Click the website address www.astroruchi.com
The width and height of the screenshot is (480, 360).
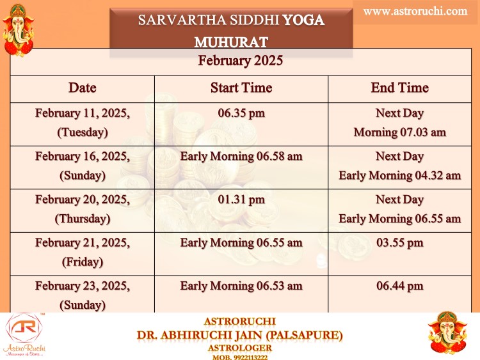(x=415, y=12)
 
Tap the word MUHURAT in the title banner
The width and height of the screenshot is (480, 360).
(x=231, y=42)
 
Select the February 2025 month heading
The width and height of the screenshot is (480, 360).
(x=240, y=60)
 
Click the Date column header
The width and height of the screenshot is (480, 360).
(x=83, y=88)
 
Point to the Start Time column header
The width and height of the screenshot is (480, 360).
(x=241, y=88)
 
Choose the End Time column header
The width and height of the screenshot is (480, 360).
(x=400, y=88)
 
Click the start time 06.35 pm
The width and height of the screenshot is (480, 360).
(x=241, y=113)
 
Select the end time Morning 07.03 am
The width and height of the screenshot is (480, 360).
(x=400, y=132)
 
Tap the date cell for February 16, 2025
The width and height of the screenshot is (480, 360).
(x=83, y=166)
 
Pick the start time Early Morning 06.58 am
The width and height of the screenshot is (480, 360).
(x=241, y=157)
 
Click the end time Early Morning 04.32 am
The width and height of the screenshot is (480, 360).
(x=400, y=176)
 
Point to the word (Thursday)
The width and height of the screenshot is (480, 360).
(x=83, y=219)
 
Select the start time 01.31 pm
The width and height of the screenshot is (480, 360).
(x=241, y=200)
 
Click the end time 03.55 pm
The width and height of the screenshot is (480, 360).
(x=400, y=243)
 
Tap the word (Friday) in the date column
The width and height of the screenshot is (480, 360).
(x=83, y=262)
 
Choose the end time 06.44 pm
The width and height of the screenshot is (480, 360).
(x=400, y=286)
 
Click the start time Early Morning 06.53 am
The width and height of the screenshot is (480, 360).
(x=241, y=286)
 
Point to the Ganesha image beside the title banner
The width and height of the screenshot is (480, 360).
(x=18, y=30)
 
